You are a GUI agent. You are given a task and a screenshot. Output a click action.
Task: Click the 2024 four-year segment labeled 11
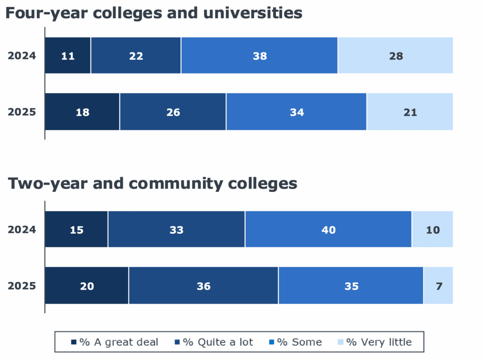click(x=68, y=56)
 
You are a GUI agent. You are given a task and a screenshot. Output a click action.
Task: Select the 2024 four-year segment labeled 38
click(x=259, y=56)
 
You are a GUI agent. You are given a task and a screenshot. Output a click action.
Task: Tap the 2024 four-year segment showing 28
click(x=396, y=56)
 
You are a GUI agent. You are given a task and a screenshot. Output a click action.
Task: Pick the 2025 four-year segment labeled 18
click(x=82, y=112)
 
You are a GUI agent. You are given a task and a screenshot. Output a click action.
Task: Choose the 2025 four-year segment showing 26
click(x=173, y=112)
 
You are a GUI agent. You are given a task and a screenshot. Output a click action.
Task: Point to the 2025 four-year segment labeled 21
click(x=410, y=112)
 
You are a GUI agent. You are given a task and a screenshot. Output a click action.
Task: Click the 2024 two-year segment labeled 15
click(x=76, y=230)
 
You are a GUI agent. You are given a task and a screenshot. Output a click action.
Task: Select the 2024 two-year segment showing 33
click(x=176, y=230)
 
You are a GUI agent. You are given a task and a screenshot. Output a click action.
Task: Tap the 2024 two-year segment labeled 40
click(x=328, y=230)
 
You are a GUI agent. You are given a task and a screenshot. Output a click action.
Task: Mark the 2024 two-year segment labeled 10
click(x=433, y=230)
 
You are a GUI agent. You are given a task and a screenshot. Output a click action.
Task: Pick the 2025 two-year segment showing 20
click(x=87, y=286)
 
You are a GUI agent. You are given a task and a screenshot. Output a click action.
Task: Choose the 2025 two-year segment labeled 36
click(x=203, y=286)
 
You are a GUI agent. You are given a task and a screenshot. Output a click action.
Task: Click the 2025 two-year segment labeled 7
click(x=439, y=286)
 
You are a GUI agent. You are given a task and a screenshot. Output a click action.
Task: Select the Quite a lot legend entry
click(x=214, y=342)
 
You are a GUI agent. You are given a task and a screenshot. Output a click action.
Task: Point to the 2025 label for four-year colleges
click(x=22, y=112)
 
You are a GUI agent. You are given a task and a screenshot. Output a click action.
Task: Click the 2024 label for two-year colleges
click(x=22, y=230)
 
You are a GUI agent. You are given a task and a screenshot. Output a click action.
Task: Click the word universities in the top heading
click(x=254, y=13)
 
